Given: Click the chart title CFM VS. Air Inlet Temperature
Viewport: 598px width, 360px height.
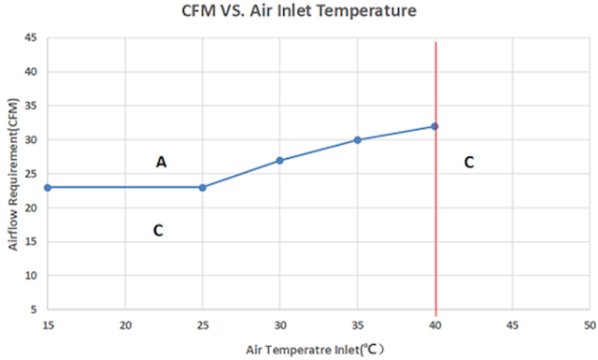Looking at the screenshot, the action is point(299,10).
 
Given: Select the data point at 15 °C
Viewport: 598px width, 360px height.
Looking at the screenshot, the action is point(48,187).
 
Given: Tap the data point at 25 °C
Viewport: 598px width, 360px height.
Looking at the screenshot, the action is point(203,187).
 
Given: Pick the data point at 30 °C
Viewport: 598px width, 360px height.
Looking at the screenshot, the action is point(279,160).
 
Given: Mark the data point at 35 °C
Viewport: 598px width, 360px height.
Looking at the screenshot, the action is point(357,140).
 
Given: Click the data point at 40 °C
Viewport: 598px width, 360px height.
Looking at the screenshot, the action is point(434,126).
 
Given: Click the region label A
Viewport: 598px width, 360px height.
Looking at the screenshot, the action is point(162,162).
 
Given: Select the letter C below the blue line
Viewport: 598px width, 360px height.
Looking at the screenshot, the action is point(158,230).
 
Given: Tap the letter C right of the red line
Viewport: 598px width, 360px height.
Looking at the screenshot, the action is point(469,163).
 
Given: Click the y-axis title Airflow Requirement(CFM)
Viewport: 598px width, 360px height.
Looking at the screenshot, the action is point(13,175).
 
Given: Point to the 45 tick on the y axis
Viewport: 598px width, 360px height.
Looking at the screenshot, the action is point(31,37).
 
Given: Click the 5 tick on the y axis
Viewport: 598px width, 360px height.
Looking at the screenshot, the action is point(34,310).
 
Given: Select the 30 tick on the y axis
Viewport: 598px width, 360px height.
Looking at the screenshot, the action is point(31,139).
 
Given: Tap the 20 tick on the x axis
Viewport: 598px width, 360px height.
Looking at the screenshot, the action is point(125,325).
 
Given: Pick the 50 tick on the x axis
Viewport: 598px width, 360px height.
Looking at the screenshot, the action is point(590,325).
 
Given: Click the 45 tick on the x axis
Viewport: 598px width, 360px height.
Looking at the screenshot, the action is point(513,325).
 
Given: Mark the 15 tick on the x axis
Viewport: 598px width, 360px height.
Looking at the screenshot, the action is point(48,325).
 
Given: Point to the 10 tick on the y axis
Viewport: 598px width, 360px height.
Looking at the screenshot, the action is point(31,275).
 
